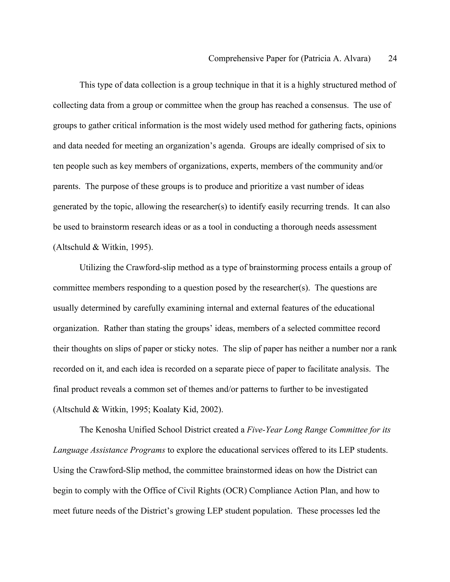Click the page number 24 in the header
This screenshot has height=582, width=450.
[x=392, y=59]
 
